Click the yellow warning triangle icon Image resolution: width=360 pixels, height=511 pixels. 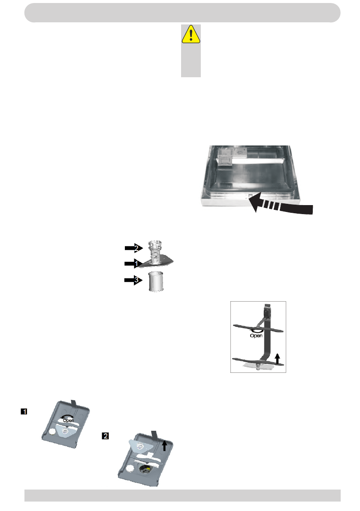point(191,34)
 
